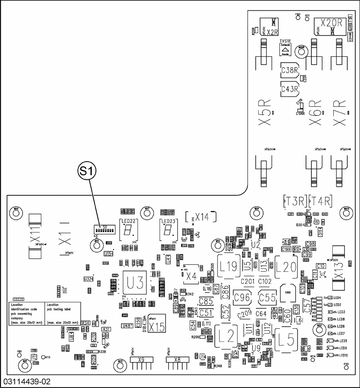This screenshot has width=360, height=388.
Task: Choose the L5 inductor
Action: coord(288,338)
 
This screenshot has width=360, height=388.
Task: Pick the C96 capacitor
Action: coord(242,298)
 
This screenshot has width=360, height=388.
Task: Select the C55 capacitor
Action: coord(267,298)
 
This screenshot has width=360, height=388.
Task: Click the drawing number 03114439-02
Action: coord(26,382)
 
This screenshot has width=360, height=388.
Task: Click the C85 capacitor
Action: coord(206,302)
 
